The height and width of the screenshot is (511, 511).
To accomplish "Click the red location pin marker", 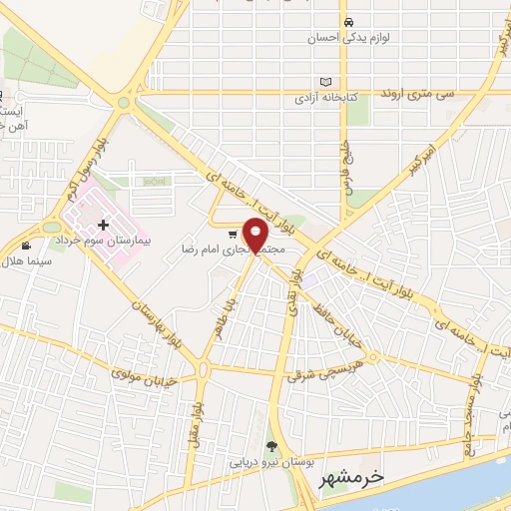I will click(x=256, y=235).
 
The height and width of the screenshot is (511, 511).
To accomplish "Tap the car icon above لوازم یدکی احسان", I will click(x=347, y=22).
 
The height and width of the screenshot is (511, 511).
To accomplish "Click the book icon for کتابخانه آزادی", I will click(x=325, y=82).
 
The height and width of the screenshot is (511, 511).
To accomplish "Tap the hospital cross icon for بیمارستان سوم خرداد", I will click(x=103, y=226).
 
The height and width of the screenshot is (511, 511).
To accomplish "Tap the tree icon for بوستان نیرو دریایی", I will click(x=270, y=445).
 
